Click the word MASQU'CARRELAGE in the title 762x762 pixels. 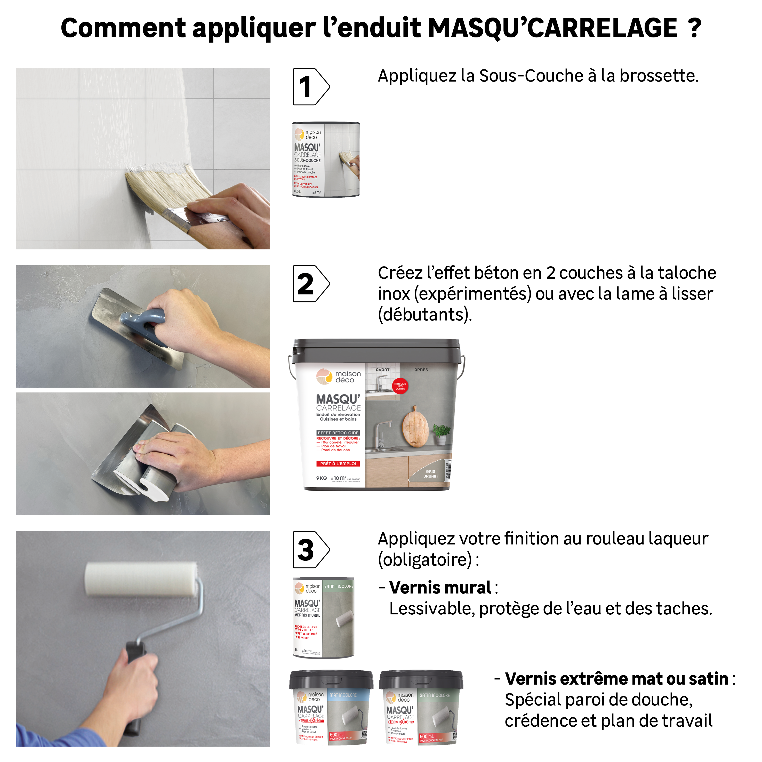(x=552, y=28)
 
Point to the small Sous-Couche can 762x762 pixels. (x=326, y=159)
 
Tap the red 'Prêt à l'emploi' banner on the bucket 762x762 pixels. (x=338, y=464)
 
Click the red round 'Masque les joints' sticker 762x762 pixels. (x=400, y=386)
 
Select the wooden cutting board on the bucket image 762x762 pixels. (x=415, y=427)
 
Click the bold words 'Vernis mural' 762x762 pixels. (x=440, y=588)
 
